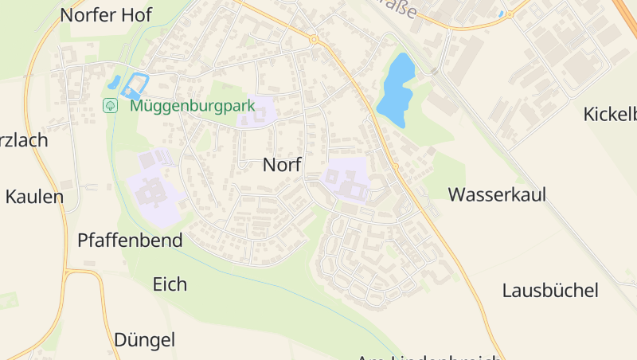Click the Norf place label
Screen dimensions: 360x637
(282, 165)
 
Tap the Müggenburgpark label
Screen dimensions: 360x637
(192, 105)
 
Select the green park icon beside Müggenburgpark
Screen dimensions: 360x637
(111, 105)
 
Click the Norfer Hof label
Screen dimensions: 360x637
(106, 14)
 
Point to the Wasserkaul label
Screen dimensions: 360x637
(497, 194)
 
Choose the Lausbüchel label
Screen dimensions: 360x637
(550, 290)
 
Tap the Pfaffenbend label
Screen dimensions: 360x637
(130, 240)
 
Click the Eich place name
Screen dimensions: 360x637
(170, 284)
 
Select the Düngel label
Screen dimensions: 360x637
(144, 340)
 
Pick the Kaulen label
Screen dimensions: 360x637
(34, 197)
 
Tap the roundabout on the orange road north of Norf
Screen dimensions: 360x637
(314, 39)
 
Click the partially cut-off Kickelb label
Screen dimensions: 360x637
(610, 114)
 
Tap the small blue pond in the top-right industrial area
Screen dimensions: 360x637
(501, 14)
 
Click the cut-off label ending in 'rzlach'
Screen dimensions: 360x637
(24, 140)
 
